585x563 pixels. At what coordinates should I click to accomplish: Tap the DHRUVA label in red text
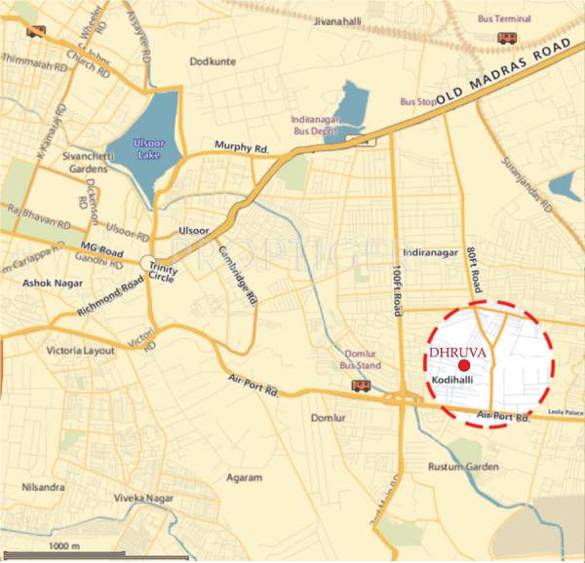449,355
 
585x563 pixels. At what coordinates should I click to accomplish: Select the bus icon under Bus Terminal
507,37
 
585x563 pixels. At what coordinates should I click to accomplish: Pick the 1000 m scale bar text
64,546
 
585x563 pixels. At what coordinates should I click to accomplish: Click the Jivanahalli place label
342,20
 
